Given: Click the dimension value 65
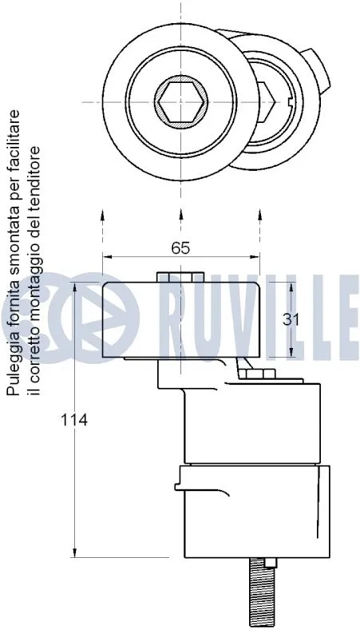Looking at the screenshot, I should tap(180, 247).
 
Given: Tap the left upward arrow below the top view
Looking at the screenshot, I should tap(103, 217).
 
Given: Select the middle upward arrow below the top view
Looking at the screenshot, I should tap(180, 217).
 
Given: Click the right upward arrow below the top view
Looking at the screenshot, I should tap(259, 217).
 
